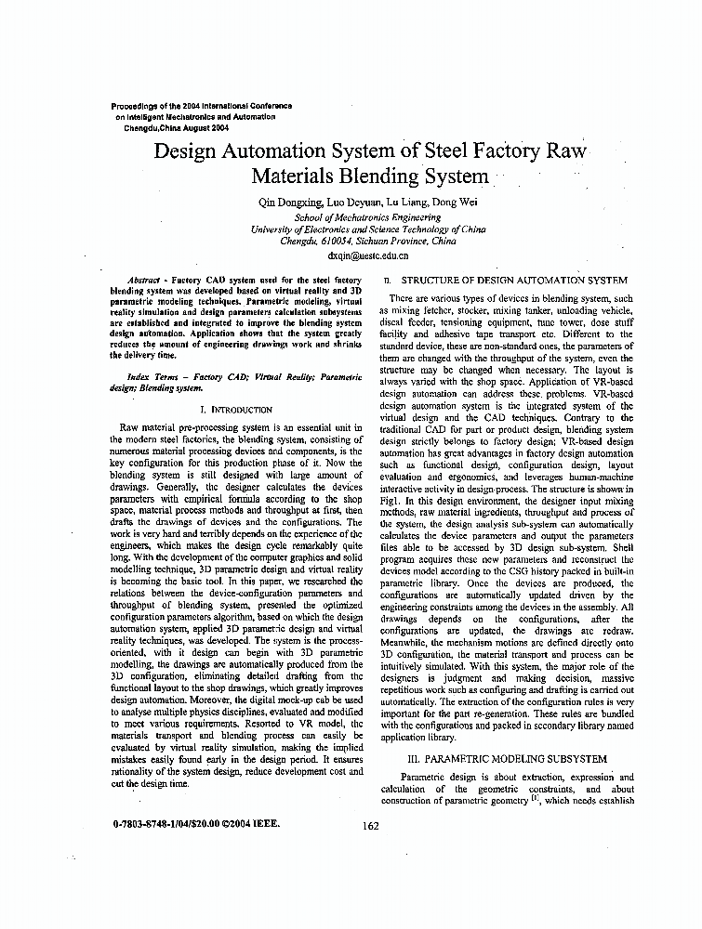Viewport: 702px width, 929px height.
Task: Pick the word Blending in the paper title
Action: pyautogui.click(x=378, y=177)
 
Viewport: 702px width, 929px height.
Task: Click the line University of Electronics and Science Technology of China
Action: pyautogui.click(x=368, y=229)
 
